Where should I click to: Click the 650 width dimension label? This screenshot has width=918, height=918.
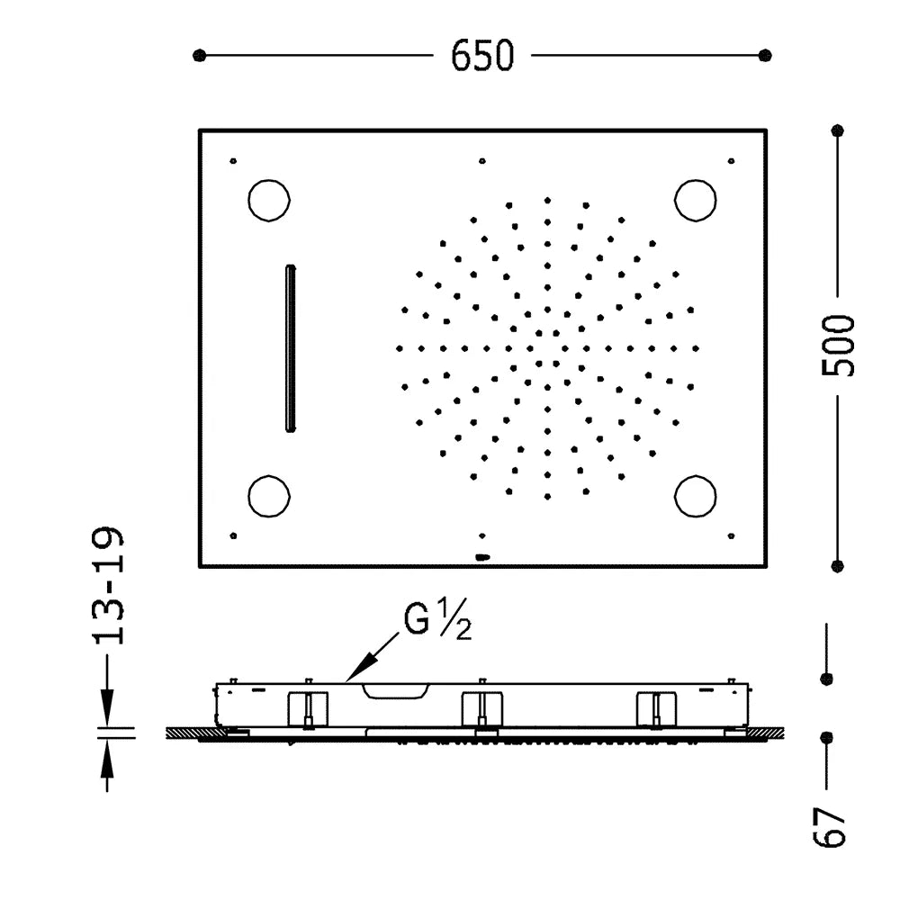pyautogui.click(x=481, y=56)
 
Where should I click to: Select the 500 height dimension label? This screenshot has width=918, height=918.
pyautogui.click(x=838, y=346)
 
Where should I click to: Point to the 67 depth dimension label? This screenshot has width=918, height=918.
pyautogui.click(x=830, y=826)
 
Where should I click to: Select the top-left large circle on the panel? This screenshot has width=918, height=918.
pyautogui.click(x=269, y=200)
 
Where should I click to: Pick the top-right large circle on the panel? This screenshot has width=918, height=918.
pyautogui.click(x=695, y=200)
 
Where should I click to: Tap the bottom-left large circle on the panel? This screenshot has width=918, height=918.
pyautogui.click(x=269, y=497)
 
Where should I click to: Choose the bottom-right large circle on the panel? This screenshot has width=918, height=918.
pyautogui.click(x=695, y=497)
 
